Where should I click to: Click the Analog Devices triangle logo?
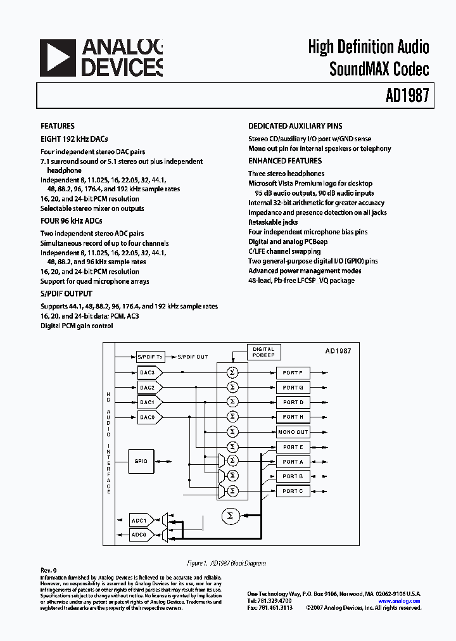pyautogui.click(x=58, y=58)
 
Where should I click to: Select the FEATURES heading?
pyautogui.click(x=58, y=126)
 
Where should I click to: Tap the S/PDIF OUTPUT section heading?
pyautogui.click(x=66, y=294)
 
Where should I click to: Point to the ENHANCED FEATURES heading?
pyautogui.click(x=285, y=161)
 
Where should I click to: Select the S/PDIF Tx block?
pyautogui.click(x=150, y=357)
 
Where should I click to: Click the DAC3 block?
pyautogui.click(x=148, y=373)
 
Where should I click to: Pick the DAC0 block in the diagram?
pyautogui.click(x=148, y=417)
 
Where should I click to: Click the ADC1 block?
pyautogui.click(x=140, y=521)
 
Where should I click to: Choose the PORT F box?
pyautogui.click(x=293, y=373)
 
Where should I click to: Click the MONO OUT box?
pyautogui.click(x=293, y=432)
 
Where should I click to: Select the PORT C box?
pyautogui.click(x=293, y=491)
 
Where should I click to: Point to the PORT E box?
pyautogui.click(x=293, y=447)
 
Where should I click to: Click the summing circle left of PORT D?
pyautogui.click(x=232, y=402)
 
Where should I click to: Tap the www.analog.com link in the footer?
pyautogui.click(x=400, y=600)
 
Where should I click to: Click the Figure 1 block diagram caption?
pyautogui.click(x=227, y=563)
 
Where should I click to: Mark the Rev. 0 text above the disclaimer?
pyautogui.click(x=49, y=571)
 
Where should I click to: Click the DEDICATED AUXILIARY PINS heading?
pyautogui.click(x=295, y=126)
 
